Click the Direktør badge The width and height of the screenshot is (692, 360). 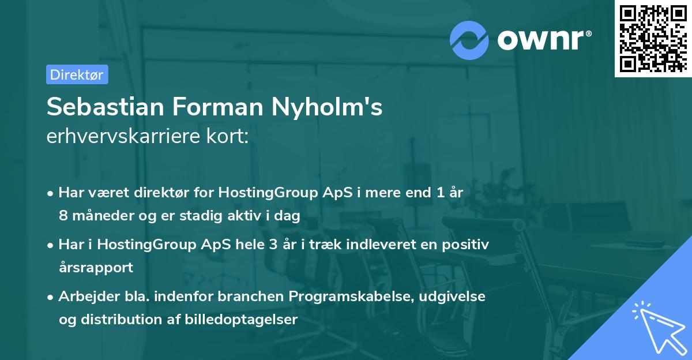(77, 74)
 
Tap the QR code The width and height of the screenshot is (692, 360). (652, 38)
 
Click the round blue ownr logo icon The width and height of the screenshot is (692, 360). (469, 39)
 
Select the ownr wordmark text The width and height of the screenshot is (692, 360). (543, 39)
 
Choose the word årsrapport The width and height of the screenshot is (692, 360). (96, 268)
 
